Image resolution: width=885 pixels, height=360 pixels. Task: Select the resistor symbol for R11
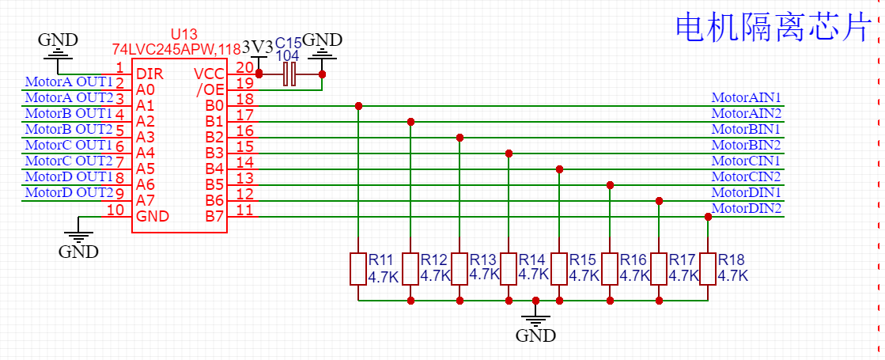tap(358, 268)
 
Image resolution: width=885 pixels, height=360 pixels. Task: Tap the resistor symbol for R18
tap(707, 268)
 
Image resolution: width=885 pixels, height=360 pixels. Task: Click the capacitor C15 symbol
tap(290, 74)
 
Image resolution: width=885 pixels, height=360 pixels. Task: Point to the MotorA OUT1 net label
tap(70, 81)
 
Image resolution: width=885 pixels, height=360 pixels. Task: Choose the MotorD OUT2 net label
tap(70, 192)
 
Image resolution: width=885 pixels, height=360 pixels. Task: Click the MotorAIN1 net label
tap(747, 98)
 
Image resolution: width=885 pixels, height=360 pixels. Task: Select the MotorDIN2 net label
tap(747, 209)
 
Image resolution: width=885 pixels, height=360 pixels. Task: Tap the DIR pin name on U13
tap(149, 74)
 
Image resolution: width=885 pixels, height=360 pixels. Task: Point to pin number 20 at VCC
tap(244, 67)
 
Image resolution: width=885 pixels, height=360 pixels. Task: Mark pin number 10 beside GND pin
tap(115, 210)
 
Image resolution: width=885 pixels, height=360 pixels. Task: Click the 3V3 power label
tap(257, 47)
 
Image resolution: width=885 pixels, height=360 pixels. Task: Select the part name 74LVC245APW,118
tap(176, 48)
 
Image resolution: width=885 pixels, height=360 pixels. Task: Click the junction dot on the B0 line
tap(358, 105)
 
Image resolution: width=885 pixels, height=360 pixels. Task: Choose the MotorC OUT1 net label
tap(70, 145)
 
